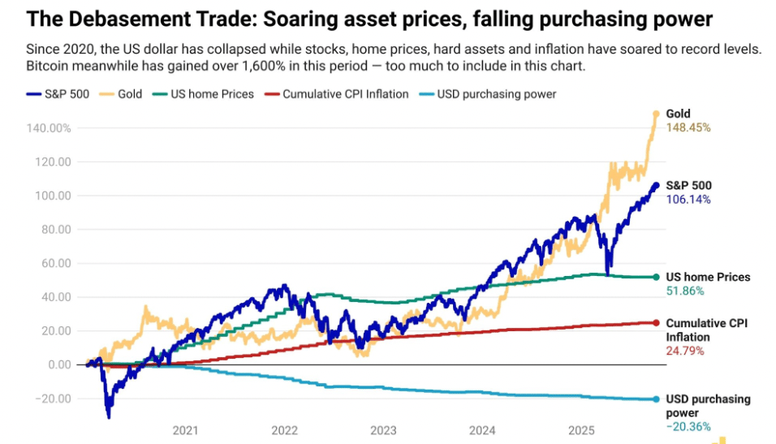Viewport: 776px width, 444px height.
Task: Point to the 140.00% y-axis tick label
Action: pos(49,128)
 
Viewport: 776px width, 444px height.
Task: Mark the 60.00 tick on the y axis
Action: pos(56,263)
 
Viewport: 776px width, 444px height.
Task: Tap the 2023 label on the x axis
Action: pos(383,430)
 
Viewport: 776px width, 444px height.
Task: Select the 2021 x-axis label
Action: pos(185,430)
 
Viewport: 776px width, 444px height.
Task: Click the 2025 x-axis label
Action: pos(581,430)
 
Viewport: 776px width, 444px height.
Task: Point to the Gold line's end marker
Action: pos(655,114)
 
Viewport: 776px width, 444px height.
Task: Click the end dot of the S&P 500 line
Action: pos(655,186)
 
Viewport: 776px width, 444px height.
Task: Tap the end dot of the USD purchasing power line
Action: pos(655,399)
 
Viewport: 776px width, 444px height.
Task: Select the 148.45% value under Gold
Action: pos(688,128)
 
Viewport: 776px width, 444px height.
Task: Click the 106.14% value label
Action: pos(688,200)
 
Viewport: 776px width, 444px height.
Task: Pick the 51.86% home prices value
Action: pos(685,291)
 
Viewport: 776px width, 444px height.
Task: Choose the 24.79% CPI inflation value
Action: pos(685,351)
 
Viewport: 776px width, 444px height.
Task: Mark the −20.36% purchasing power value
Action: pos(688,427)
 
